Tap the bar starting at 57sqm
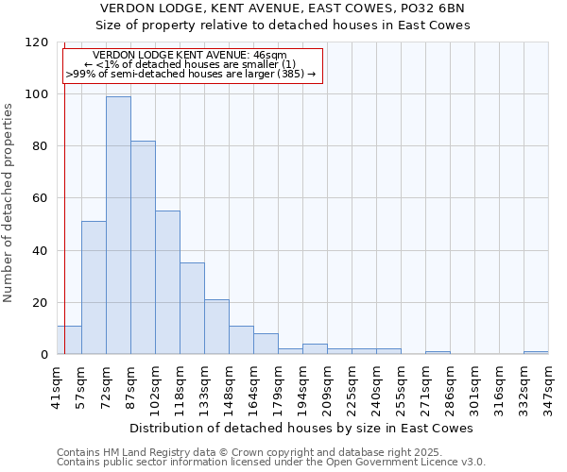tap(94, 287)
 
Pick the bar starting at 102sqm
tap(167, 282)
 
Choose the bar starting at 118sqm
tap(192, 308)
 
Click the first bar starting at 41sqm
tap(69, 340)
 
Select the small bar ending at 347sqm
tap(536, 352)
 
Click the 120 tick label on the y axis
tap(37, 42)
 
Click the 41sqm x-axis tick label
tap(57, 384)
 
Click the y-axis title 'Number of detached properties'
tap(9, 204)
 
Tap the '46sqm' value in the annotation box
tap(281, 56)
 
